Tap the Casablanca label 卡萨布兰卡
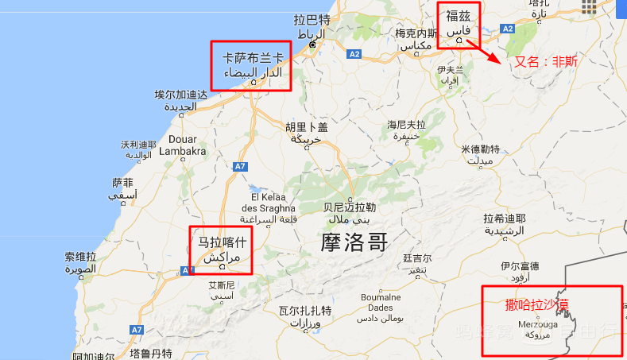coord(252,58)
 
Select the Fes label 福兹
coord(459,16)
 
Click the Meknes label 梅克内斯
coord(416,33)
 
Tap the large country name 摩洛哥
coord(354,242)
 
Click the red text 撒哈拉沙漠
coord(536,304)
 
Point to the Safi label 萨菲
coord(123,182)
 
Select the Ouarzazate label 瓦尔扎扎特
coord(304,311)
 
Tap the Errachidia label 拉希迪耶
coord(505,219)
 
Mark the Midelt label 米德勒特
coord(480,149)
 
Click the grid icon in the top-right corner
coord(589,7)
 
